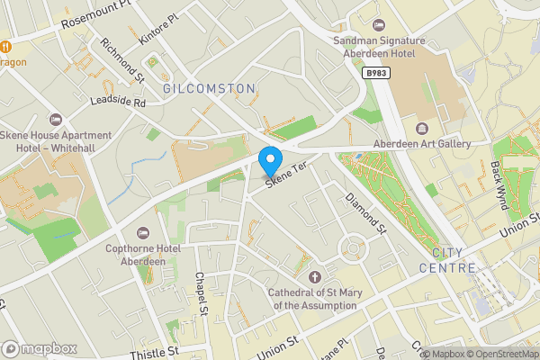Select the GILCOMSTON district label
click(x=209, y=88)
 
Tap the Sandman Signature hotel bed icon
click(x=378, y=24)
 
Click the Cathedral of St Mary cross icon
click(x=314, y=276)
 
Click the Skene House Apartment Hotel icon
click(x=56, y=120)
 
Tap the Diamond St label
click(x=365, y=212)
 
